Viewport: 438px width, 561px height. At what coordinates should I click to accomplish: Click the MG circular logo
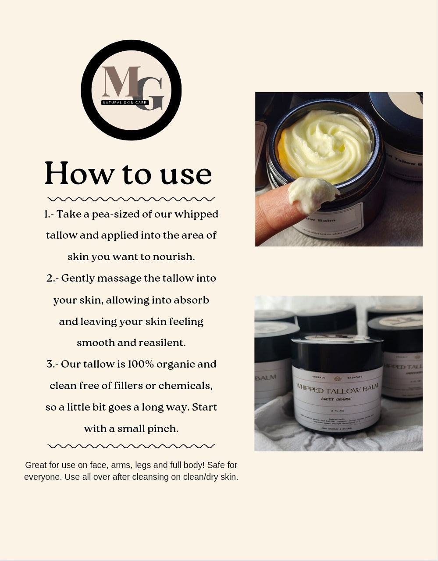click(131, 90)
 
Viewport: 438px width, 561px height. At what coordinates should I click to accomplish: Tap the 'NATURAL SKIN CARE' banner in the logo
click(125, 103)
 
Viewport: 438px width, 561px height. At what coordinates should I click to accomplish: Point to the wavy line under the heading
click(131, 199)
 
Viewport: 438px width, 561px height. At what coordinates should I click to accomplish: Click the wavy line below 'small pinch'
click(131, 446)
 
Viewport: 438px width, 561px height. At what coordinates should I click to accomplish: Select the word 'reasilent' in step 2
click(162, 343)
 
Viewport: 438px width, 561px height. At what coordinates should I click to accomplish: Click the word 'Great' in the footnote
click(36, 465)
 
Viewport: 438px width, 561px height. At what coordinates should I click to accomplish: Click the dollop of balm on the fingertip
click(312, 192)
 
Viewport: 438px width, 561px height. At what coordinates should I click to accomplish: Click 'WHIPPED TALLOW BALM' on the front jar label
click(337, 389)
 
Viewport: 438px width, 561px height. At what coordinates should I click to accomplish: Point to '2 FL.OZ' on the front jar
click(337, 411)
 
